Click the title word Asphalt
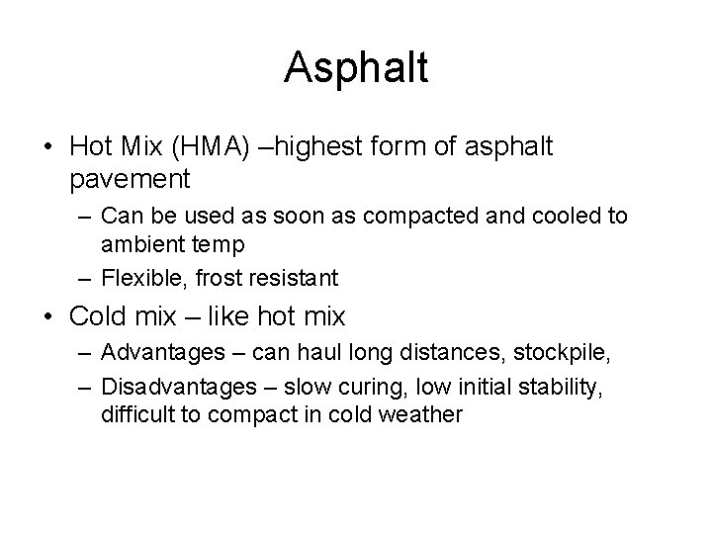pyautogui.click(x=356, y=68)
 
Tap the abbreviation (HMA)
pyautogui.click(x=216, y=147)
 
